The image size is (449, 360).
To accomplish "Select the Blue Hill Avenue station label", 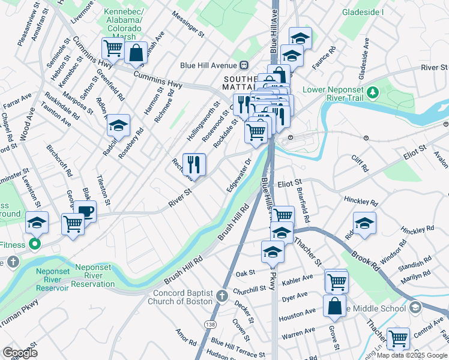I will pos(208,65).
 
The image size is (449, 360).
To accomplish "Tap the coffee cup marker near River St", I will pos(86,211).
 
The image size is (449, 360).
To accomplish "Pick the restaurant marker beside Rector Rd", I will pos(194,164).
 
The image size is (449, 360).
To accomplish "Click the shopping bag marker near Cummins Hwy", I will pos(136,52).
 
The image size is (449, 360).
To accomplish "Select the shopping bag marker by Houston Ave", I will pos(334,305).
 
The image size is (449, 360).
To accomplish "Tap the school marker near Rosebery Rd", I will pos(119,125).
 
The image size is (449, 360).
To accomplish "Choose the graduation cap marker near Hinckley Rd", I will pos(364,223).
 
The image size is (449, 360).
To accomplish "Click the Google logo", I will pos(20,353).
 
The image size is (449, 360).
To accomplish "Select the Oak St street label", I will pos(246,274).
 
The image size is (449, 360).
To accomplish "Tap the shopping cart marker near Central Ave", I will pos(398,338).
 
